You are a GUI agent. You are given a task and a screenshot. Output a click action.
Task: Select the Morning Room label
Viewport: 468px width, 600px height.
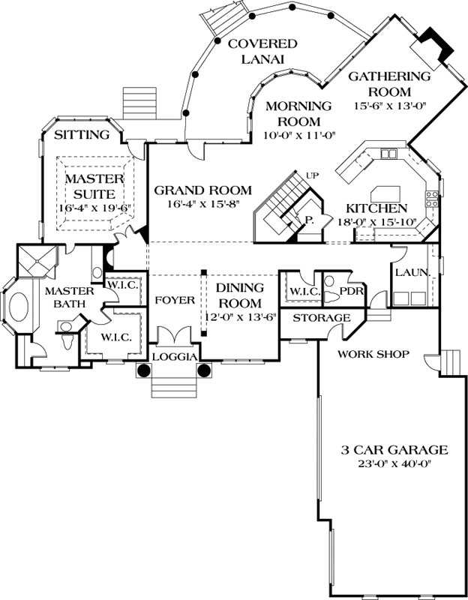299,113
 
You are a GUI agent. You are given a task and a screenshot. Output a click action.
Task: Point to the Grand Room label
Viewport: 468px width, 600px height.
202,190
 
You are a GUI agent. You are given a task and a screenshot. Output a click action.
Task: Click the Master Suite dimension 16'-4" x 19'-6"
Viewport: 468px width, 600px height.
88,207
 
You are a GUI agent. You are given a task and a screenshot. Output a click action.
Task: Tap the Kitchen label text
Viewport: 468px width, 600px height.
376,208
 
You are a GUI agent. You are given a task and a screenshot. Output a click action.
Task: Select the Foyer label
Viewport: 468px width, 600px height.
175,300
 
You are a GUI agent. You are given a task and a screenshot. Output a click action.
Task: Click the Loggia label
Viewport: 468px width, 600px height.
174,356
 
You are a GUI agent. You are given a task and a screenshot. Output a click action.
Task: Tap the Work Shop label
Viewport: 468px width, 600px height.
373,353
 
